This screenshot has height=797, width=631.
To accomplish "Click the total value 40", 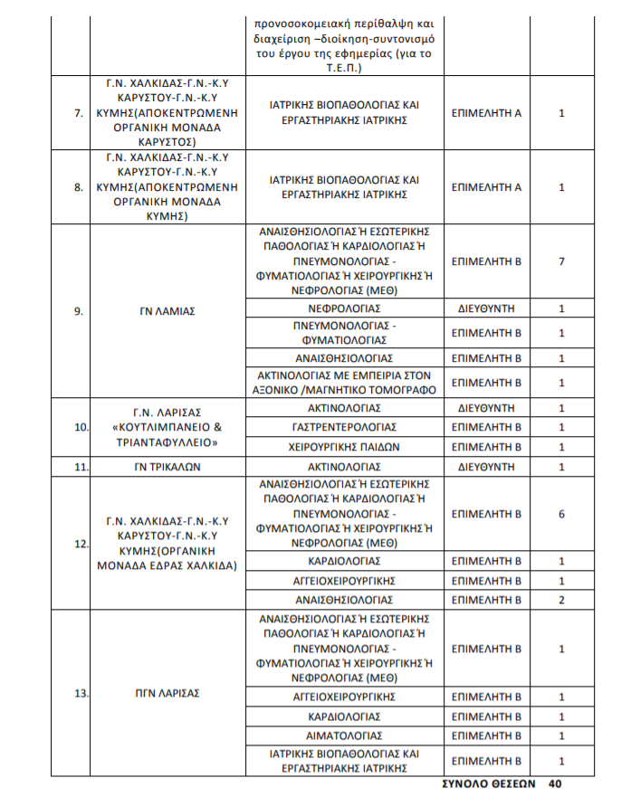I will click(556, 784).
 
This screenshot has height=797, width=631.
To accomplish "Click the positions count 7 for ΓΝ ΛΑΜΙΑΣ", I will click(561, 261).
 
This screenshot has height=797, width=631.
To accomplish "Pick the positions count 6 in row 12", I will click(561, 514).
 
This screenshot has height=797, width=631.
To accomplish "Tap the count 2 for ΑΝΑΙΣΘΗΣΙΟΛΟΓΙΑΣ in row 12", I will click(561, 600).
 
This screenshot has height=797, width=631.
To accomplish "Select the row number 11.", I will click(79, 467).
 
